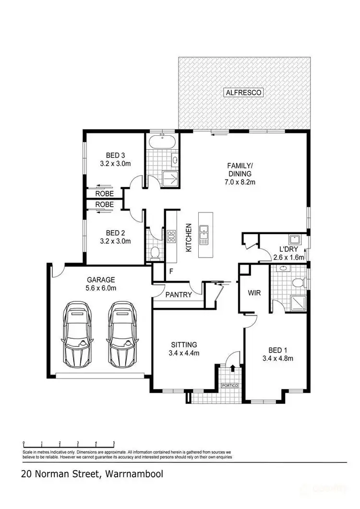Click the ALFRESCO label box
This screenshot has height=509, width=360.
244,93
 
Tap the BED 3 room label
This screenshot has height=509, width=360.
115,155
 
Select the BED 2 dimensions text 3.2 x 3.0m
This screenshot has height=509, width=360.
115,241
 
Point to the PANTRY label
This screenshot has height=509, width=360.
179,295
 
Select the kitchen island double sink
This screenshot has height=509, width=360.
204,235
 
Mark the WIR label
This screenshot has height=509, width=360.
254,292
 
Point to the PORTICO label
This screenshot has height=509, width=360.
229,386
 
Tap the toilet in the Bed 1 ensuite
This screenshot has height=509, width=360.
298,283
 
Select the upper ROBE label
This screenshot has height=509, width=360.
104,194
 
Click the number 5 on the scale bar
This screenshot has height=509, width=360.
114,443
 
